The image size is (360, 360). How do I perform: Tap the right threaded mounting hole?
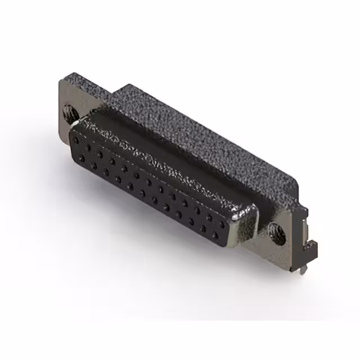pos(275,229)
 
